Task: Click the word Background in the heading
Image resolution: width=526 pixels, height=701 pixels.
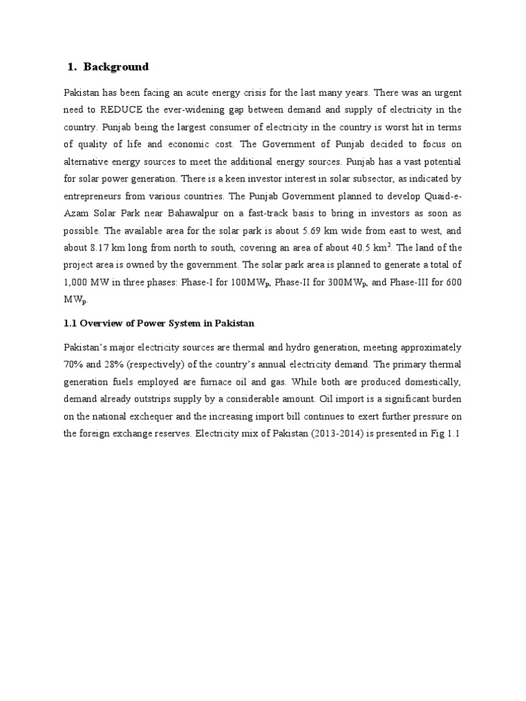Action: pos(116,66)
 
